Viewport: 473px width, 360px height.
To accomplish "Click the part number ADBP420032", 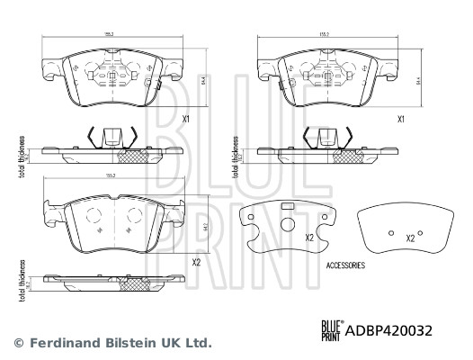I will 388,330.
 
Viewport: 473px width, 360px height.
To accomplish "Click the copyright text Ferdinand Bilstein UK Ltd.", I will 112,343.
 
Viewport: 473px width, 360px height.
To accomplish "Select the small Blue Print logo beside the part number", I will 330,330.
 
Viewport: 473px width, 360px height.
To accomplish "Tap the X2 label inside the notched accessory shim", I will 308,238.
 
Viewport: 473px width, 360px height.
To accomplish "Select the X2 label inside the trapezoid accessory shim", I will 410,238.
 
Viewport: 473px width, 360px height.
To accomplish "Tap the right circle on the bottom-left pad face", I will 137,216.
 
